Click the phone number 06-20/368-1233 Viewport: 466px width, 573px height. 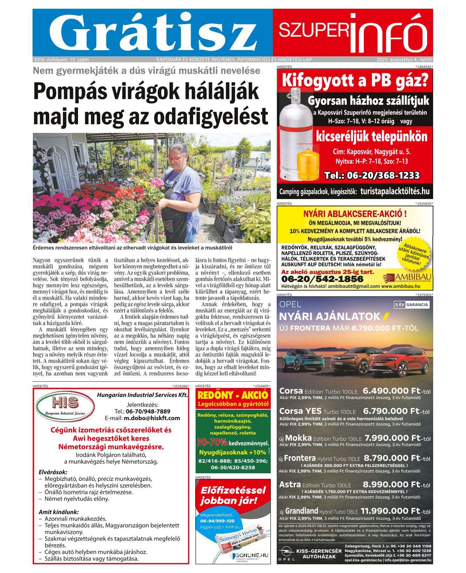click(372, 175)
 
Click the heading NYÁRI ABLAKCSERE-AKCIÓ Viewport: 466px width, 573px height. click(354, 214)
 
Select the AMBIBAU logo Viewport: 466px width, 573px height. click(405, 278)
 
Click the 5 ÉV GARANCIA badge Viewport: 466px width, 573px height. click(411, 304)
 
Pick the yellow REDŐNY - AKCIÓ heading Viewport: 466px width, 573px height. click(233, 395)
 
